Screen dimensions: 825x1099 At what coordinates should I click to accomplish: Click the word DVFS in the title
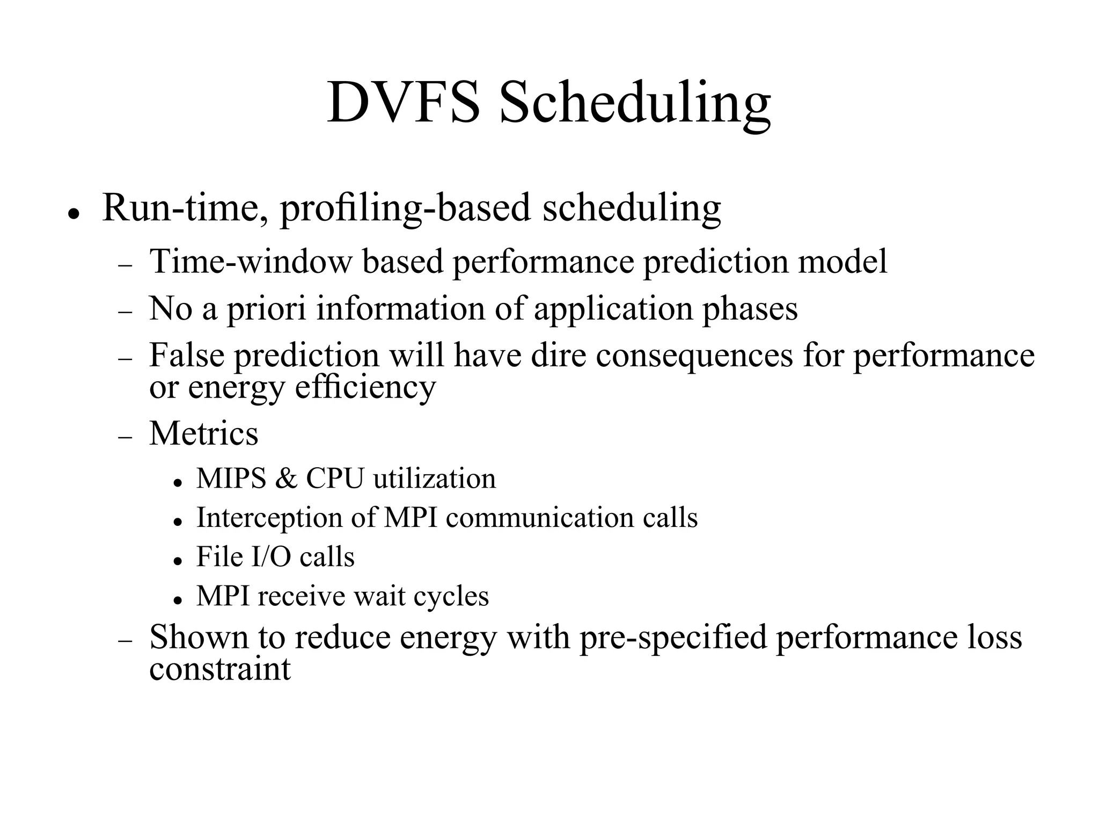(403, 102)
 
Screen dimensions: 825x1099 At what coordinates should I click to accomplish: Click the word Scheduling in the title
(635, 103)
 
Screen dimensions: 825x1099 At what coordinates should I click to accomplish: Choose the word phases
(750, 309)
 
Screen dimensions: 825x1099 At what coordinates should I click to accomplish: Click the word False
(186, 355)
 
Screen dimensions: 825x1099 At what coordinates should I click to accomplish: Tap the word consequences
(694, 355)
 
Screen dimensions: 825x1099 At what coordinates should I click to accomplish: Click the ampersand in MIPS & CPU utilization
(286, 478)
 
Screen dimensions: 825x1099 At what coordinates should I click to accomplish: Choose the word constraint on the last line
(220, 669)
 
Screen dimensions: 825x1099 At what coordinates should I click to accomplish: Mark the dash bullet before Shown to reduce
(125, 641)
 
